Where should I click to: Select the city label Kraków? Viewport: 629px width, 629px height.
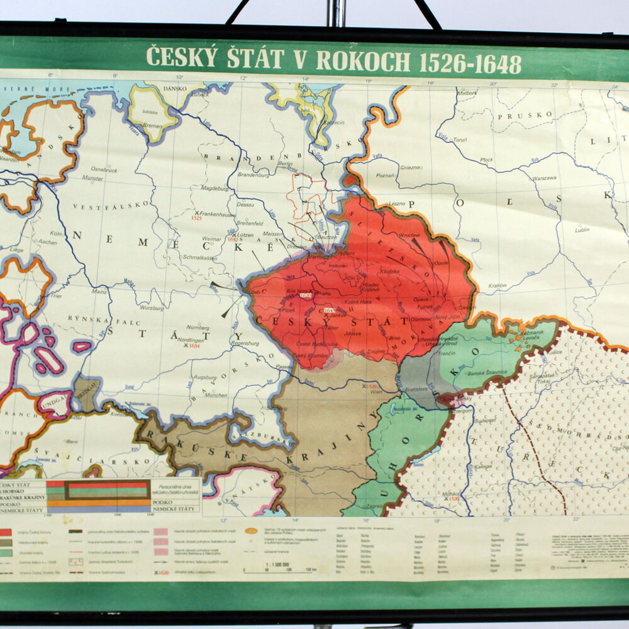pyautogui.click(x=498, y=285)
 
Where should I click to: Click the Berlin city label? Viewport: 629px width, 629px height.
pyautogui.click(x=286, y=162)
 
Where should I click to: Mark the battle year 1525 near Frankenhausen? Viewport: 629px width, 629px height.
pyautogui.click(x=196, y=218)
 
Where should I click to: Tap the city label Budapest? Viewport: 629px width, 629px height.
pyautogui.click(x=486, y=419)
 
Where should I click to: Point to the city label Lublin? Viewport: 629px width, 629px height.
pyautogui.click(x=582, y=230)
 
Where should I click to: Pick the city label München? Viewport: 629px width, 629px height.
pyautogui.click(x=216, y=395)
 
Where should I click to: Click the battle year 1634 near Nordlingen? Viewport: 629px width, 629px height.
pyautogui.click(x=194, y=345)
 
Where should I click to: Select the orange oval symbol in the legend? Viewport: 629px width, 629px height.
pyautogui.click(x=251, y=531)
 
